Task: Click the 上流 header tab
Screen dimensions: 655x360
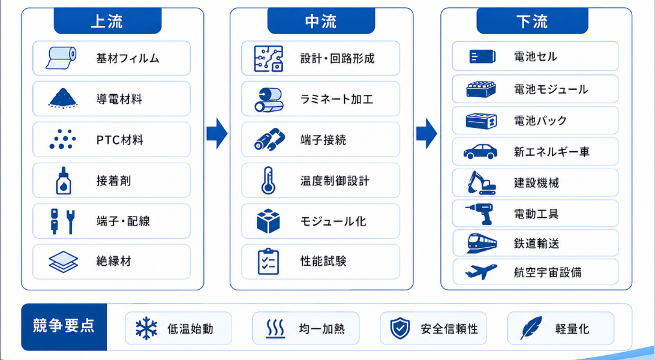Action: pyautogui.click(x=107, y=21)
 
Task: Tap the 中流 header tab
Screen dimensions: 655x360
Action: pyautogui.click(x=321, y=21)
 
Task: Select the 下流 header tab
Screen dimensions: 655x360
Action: pyautogui.click(x=532, y=21)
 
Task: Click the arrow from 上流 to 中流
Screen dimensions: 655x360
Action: pyautogui.click(x=217, y=133)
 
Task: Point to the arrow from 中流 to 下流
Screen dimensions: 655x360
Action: pyautogui.click(x=426, y=133)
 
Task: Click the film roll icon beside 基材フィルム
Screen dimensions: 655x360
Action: pyautogui.click(x=62, y=58)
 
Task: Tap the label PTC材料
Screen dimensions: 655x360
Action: pyautogui.click(x=120, y=140)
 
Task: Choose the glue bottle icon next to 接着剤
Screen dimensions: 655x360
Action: pyautogui.click(x=64, y=181)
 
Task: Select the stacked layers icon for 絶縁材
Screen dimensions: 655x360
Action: pyautogui.click(x=64, y=262)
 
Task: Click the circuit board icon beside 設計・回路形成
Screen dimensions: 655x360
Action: pyautogui.click(x=269, y=58)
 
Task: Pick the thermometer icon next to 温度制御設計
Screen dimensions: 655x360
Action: pyautogui.click(x=268, y=181)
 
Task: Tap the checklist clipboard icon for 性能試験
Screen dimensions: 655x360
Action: pyautogui.click(x=268, y=262)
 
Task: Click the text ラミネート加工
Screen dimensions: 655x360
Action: pyautogui.click(x=336, y=100)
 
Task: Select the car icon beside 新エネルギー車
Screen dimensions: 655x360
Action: pyautogui.click(x=481, y=151)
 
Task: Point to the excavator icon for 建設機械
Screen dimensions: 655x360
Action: pyautogui.click(x=481, y=182)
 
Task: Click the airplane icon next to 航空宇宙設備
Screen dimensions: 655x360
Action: pyautogui.click(x=481, y=271)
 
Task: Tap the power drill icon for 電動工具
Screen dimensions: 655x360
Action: pyautogui.click(x=480, y=214)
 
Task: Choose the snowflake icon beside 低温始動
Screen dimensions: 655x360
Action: pyautogui.click(x=146, y=328)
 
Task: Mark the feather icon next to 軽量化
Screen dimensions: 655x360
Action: pyautogui.click(x=531, y=328)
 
